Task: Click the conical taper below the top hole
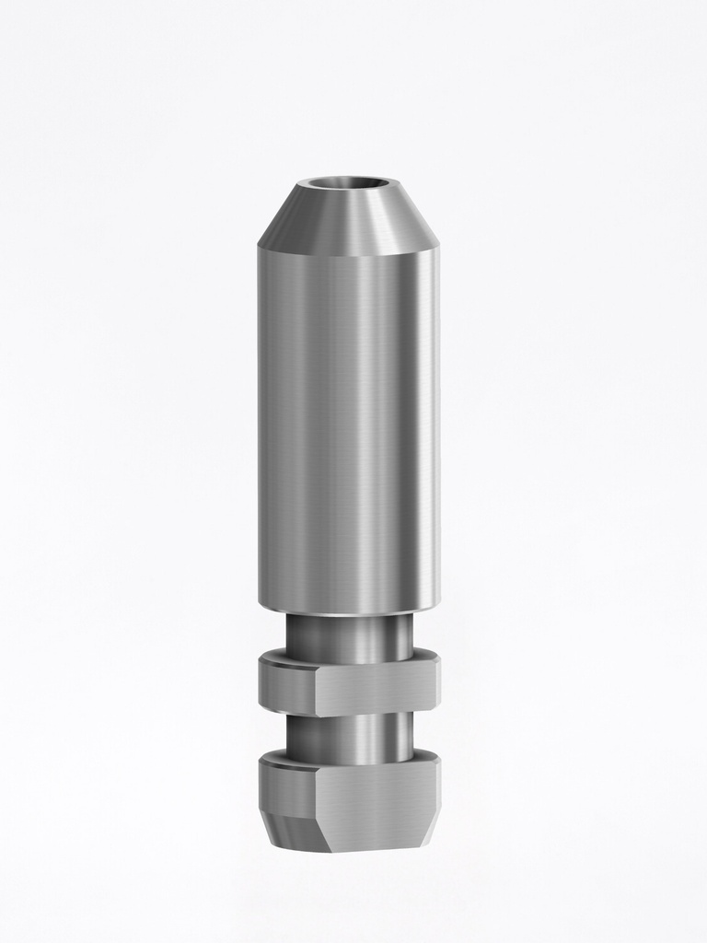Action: coord(348,221)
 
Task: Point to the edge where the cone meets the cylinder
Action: coord(348,255)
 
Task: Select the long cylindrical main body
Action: coord(348,424)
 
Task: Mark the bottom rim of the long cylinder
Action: coord(348,611)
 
